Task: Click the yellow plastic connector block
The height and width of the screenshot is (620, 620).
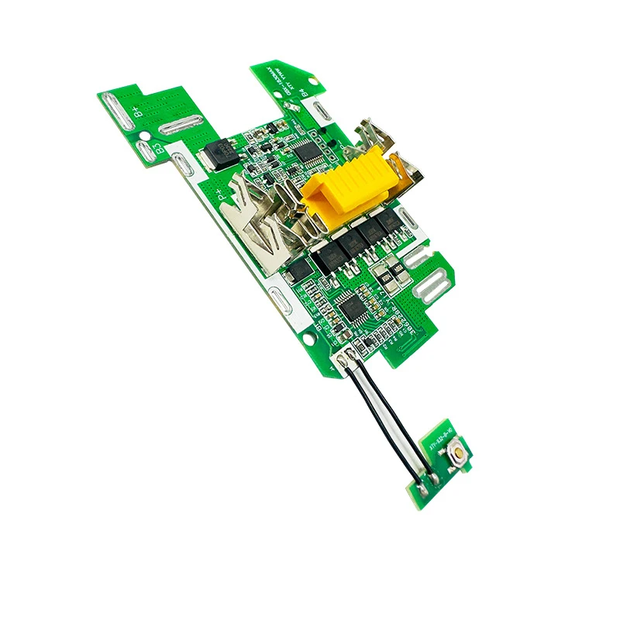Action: (x=353, y=182)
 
